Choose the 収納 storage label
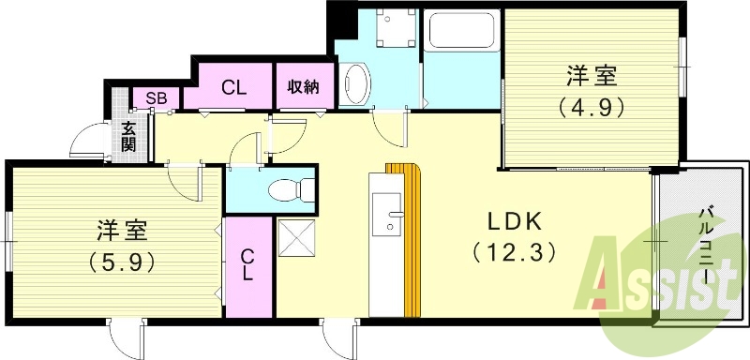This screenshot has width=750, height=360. coord(304,87)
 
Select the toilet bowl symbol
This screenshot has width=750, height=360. coord(289,191)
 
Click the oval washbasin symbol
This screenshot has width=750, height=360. coord(355,83)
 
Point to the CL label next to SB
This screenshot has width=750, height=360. coord(233,89)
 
